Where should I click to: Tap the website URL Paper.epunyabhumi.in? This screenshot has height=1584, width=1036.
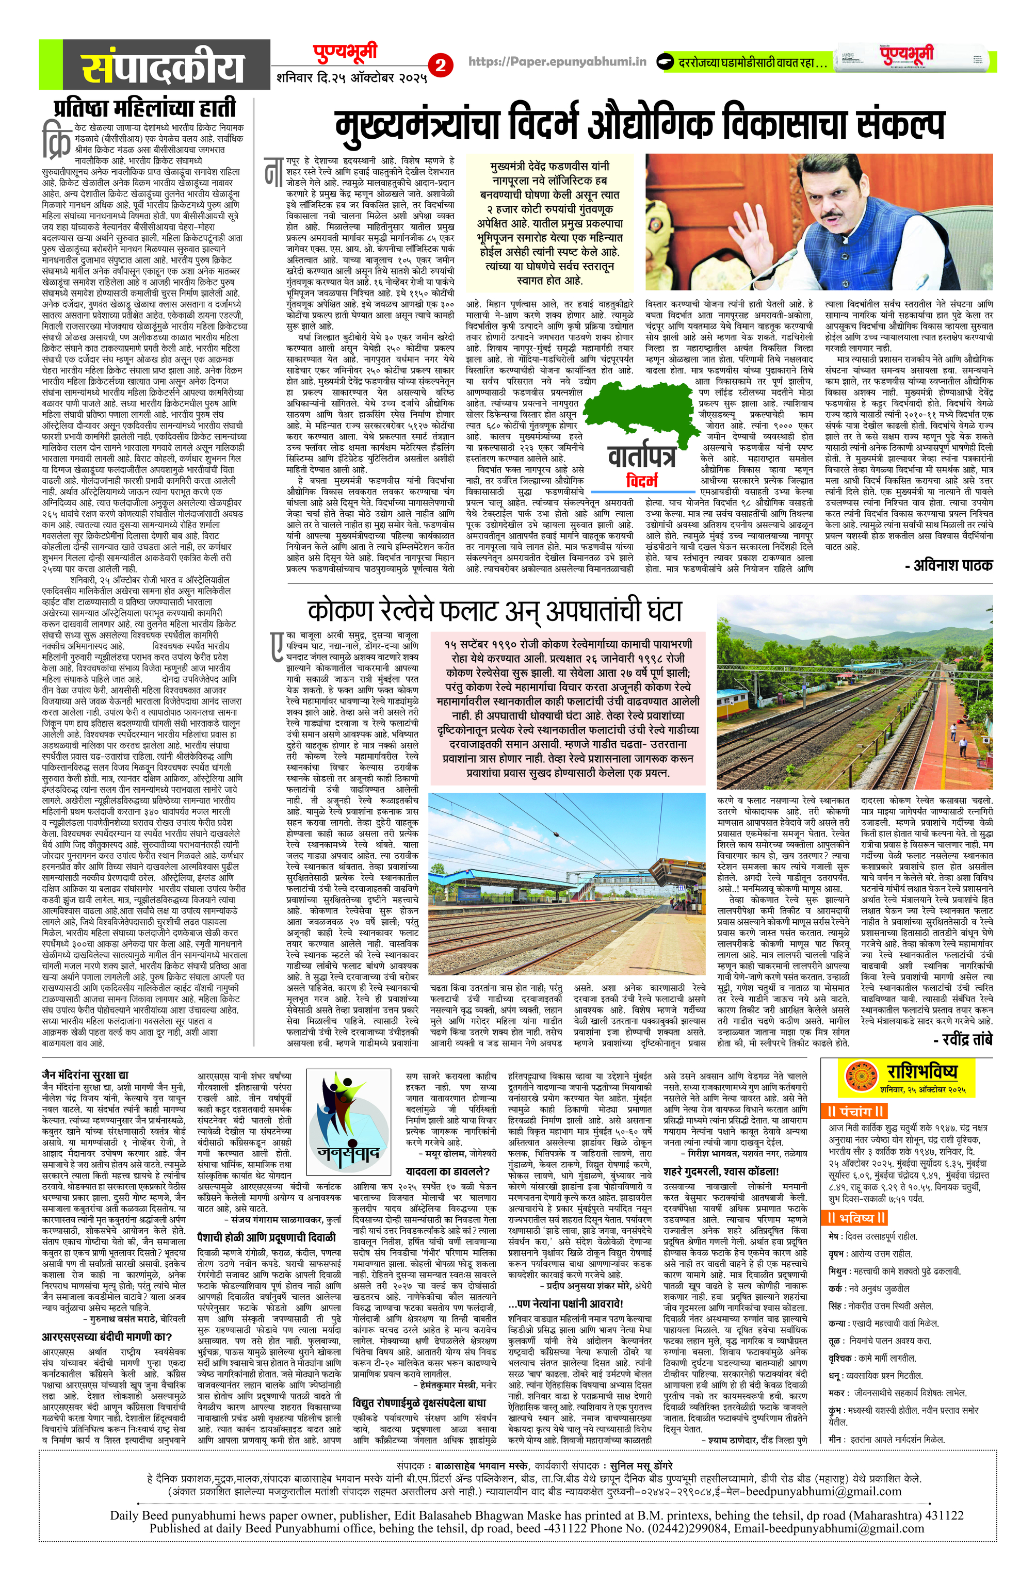[558, 62]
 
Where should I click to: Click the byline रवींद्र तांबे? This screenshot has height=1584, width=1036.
[962, 1039]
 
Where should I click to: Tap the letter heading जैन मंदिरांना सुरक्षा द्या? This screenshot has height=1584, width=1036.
[85, 1074]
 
